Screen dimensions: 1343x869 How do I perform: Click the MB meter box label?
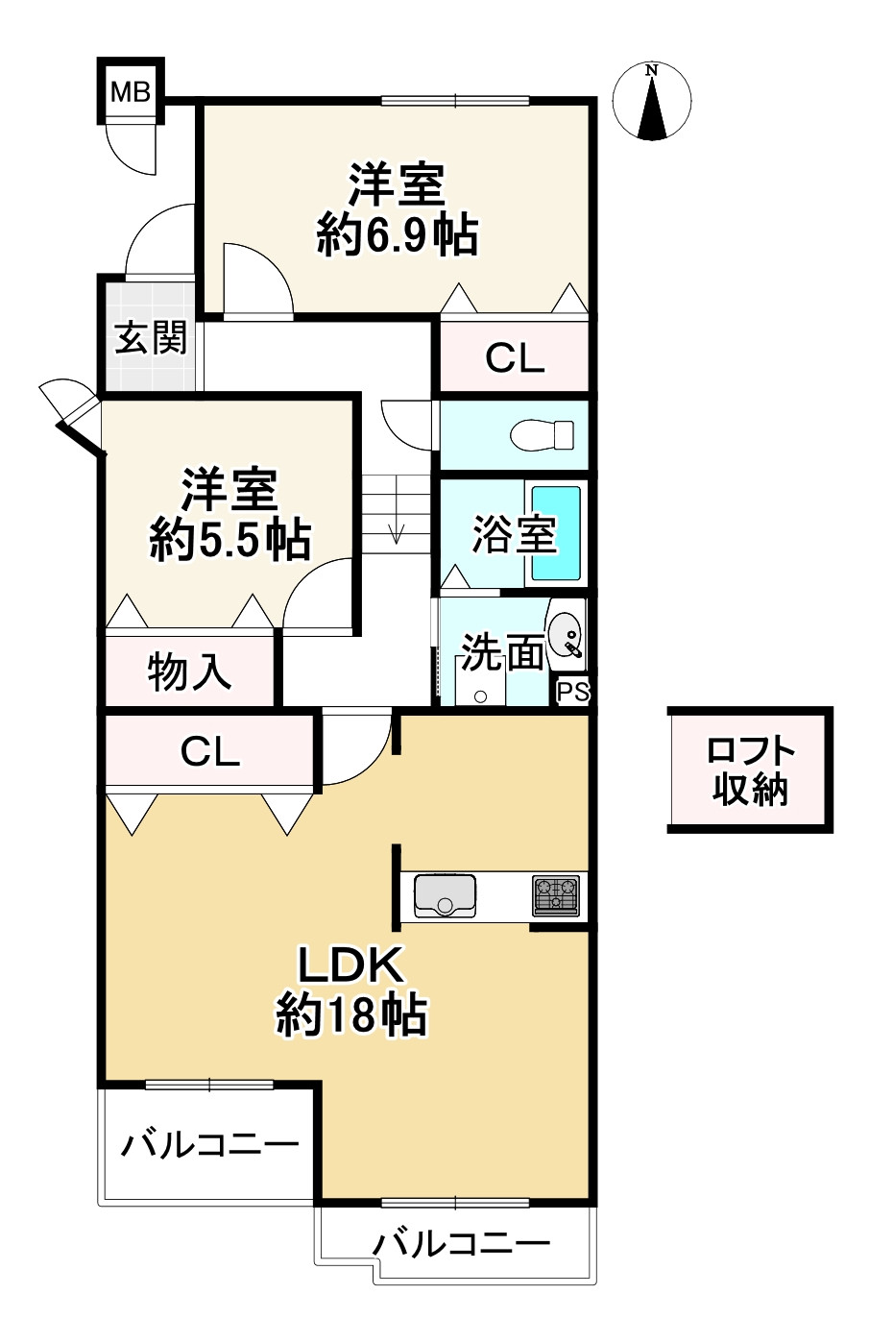click(x=130, y=92)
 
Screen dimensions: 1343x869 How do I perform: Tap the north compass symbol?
click(x=653, y=102)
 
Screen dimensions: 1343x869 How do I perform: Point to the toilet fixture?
click(x=543, y=435)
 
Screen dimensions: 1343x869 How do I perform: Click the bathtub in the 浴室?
click(x=556, y=533)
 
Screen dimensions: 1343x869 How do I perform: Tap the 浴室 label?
click(x=514, y=534)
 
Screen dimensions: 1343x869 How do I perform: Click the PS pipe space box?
click(x=573, y=693)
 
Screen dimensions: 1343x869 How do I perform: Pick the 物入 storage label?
click(x=189, y=671)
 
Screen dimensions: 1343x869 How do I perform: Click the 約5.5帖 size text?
click(x=230, y=540)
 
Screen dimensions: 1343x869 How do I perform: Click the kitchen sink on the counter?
click(x=445, y=895)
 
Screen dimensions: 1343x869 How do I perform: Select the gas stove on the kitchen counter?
click(x=556, y=895)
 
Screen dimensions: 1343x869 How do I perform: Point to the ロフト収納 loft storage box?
click(x=749, y=769)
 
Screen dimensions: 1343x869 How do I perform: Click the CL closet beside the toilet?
click(x=515, y=357)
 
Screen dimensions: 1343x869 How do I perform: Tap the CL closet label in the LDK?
click(x=210, y=752)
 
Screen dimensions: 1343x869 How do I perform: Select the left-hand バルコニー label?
click(x=209, y=1144)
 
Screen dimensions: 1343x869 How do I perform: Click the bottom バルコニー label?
click(x=461, y=1244)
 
